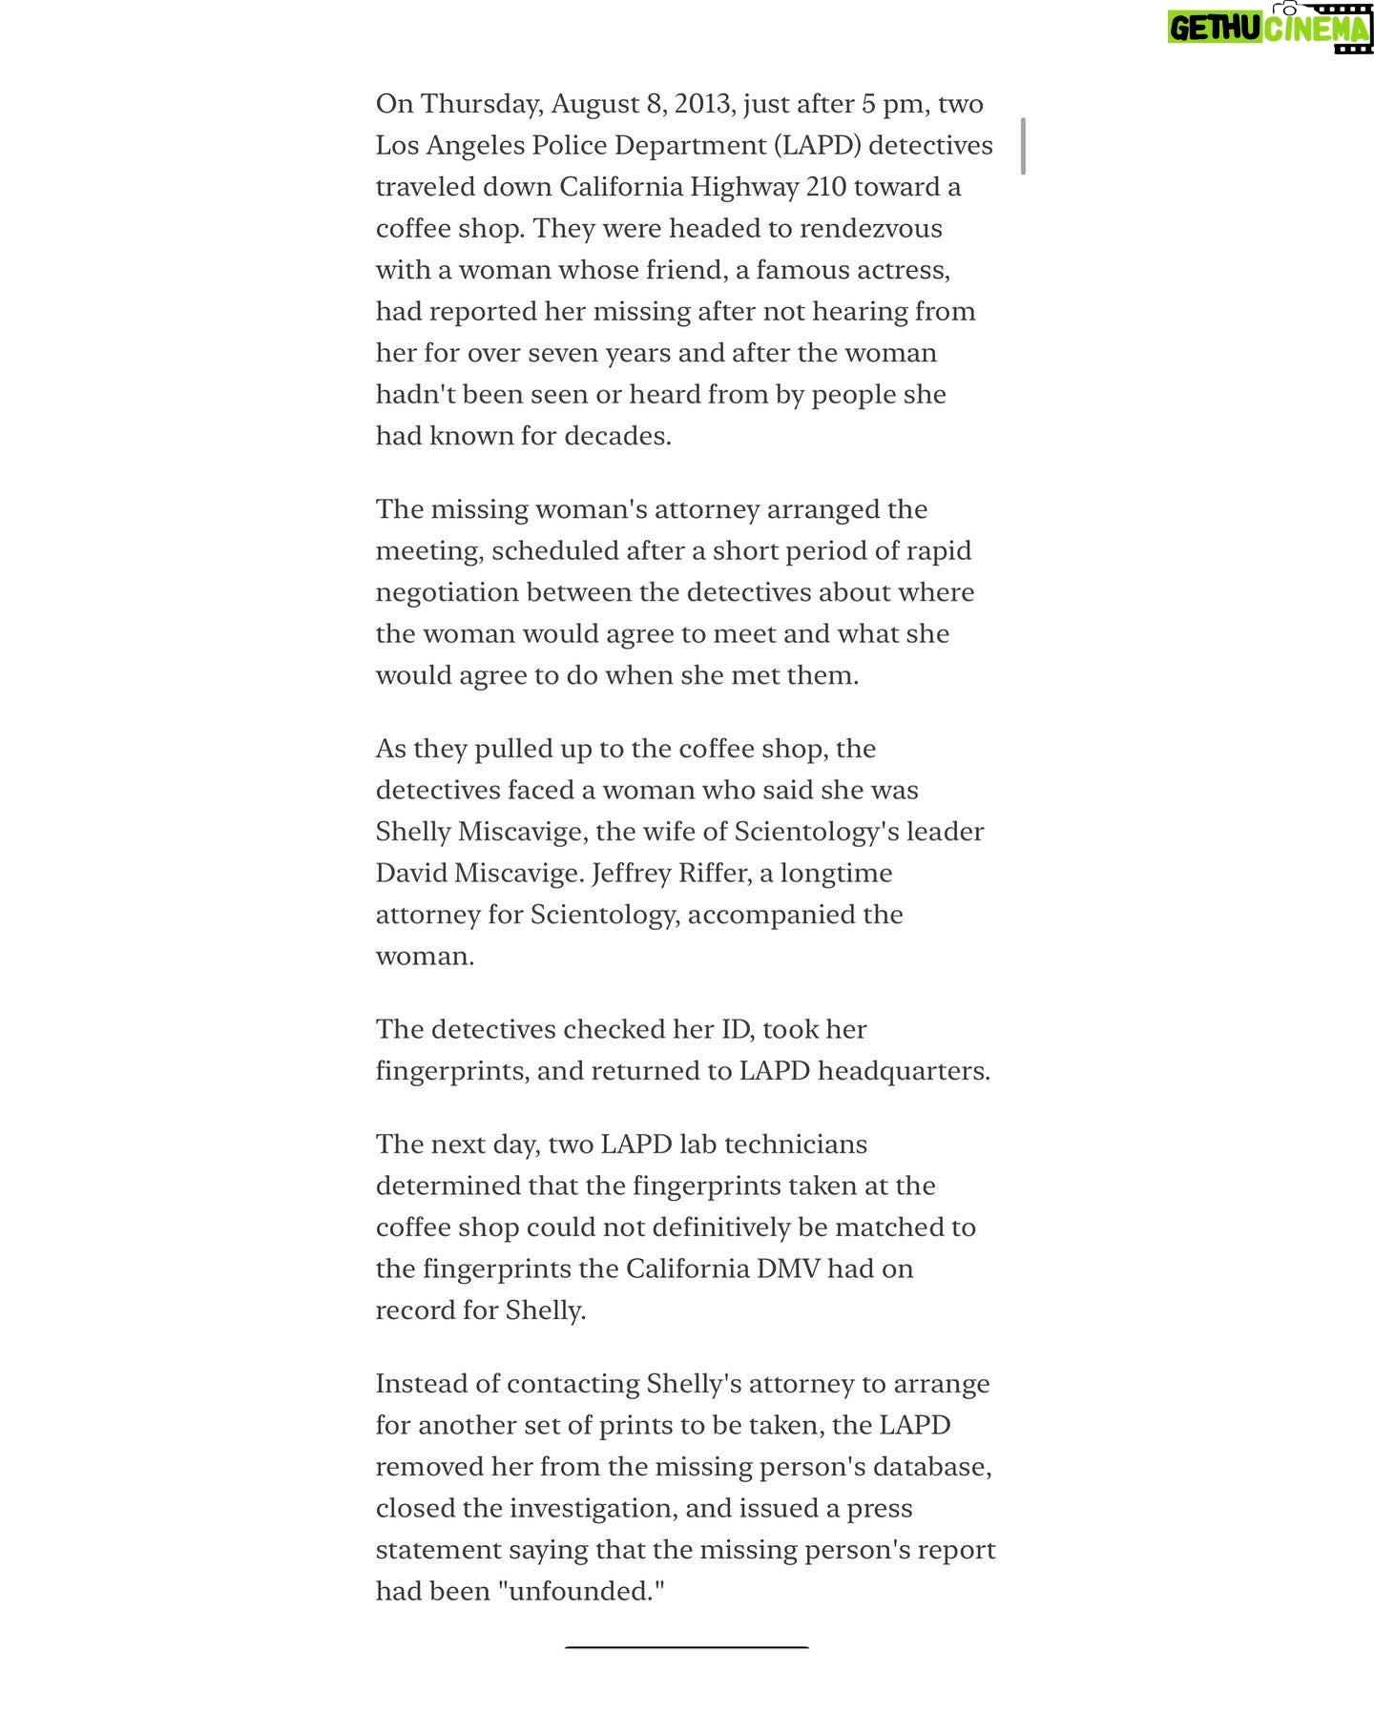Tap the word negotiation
447,592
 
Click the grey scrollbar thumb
1023,146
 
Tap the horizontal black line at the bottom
686,1647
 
